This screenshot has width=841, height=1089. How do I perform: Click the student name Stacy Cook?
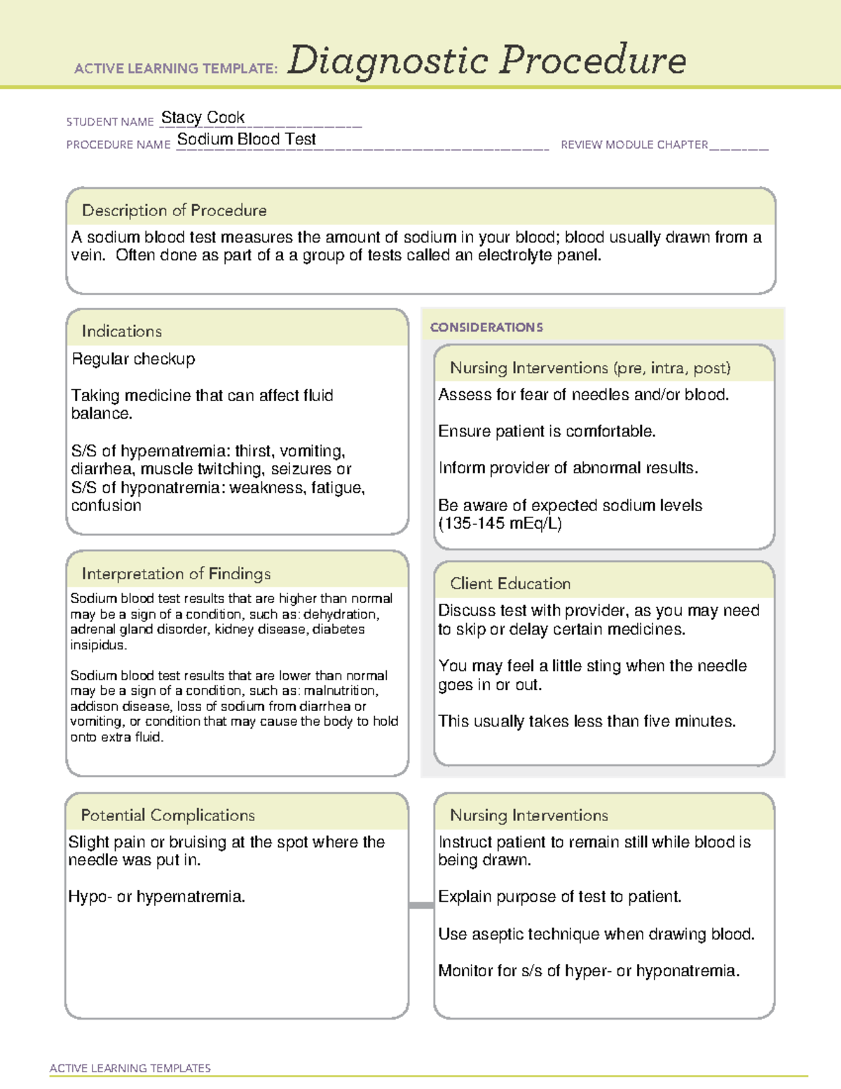point(203,117)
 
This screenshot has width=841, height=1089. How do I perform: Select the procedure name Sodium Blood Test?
point(246,139)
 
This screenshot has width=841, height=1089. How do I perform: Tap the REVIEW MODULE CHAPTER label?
point(634,144)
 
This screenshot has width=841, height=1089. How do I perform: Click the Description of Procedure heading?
point(174,210)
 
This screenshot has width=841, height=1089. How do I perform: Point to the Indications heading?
point(121,331)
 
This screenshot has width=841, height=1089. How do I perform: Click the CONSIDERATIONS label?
point(486,327)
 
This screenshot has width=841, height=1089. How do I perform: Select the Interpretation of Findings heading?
point(176,574)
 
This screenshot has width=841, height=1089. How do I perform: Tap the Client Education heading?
point(510,583)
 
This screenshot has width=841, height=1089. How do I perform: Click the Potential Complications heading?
point(167,815)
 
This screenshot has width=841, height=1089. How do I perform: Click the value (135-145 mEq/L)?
point(500,523)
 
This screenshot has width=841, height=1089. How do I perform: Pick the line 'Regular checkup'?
point(133,359)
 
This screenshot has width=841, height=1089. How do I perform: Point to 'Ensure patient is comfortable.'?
point(547,431)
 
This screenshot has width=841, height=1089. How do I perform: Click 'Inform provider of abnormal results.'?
point(568,468)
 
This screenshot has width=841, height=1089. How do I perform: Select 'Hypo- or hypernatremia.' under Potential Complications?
point(156,896)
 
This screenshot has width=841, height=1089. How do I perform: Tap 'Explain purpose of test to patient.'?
point(559,896)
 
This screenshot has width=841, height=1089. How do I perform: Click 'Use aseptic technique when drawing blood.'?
point(596,934)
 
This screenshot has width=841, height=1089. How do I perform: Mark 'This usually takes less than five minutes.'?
point(587,721)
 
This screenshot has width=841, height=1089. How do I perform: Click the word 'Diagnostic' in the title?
point(388,60)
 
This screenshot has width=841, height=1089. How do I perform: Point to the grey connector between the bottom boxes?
point(421,905)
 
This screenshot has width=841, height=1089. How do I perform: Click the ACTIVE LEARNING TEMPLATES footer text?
point(130,1068)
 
